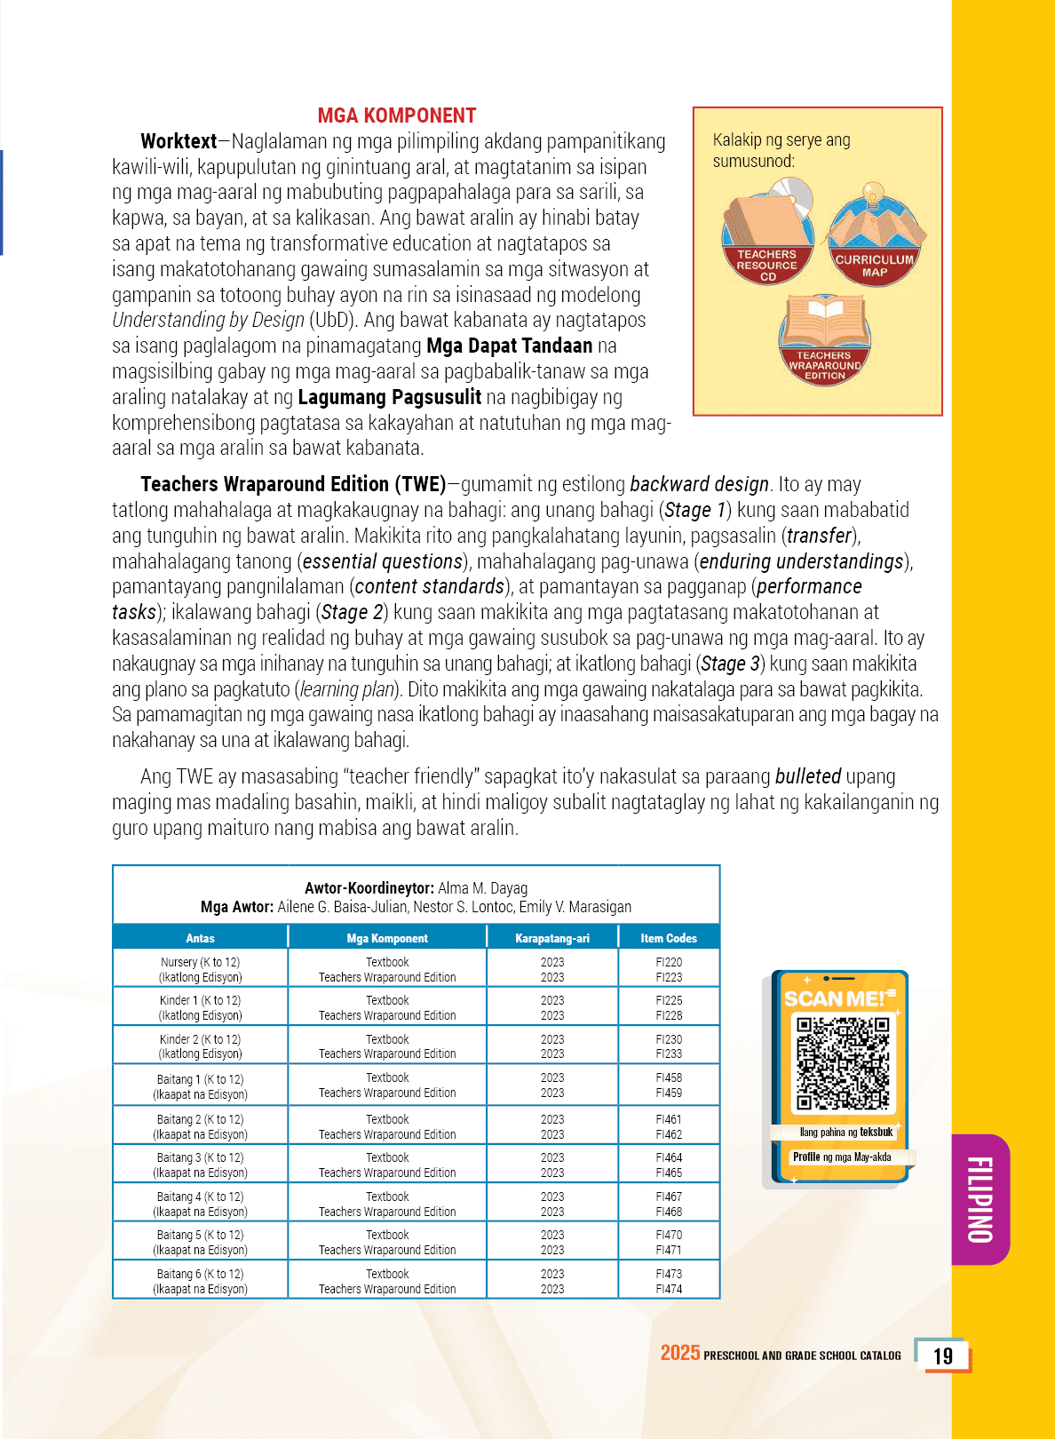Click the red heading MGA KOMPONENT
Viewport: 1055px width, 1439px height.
397,115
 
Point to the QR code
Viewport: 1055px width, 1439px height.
842,1063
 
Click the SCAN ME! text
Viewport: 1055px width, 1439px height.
835,999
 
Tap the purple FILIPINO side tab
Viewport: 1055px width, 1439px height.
980,1199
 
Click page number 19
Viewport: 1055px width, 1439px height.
943,1356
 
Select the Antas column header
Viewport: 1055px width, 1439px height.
200,938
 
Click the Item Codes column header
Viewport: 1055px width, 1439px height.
669,938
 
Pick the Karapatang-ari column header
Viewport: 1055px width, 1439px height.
552,938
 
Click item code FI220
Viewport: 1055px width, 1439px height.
669,962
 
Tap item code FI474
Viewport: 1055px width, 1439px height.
669,1289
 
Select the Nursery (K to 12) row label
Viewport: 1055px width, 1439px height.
200,962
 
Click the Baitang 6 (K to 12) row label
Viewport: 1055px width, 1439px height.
200,1274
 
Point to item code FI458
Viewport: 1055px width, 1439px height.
669,1077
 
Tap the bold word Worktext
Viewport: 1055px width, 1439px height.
178,141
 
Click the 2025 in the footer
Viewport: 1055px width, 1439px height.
680,1353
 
